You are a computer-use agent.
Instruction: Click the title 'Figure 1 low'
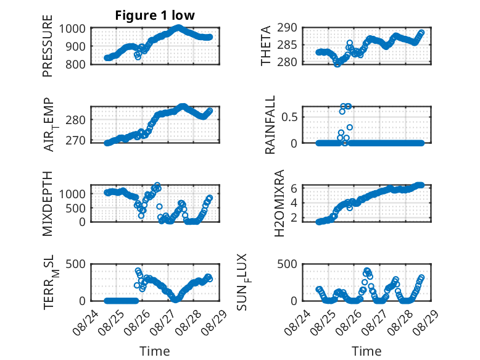tap(155, 15)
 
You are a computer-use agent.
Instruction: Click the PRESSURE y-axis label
tap(48, 46)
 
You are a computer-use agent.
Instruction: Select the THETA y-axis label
tap(266, 46)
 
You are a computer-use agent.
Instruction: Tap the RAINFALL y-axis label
tap(270, 124)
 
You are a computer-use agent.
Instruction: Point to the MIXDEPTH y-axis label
tap(48, 203)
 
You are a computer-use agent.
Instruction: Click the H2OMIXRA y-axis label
tap(279, 203)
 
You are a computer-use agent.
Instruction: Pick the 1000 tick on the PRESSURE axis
tap(72, 29)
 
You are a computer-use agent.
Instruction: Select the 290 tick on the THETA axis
tap(287, 28)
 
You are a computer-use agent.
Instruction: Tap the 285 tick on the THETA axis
tap(287, 45)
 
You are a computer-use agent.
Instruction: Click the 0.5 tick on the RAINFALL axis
tap(289, 117)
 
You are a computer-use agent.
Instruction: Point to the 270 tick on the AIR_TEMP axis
tap(76, 140)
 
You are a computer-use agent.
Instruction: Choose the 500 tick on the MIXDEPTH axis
tap(76, 208)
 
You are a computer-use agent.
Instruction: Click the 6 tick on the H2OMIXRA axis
tap(294, 188)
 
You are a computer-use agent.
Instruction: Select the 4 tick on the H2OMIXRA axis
tap(294, 203)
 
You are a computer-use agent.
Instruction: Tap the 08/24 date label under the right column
tap(297, 322)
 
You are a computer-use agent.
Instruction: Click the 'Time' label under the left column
tap(155, 351)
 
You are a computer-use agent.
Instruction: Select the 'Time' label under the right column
tap(366, 351)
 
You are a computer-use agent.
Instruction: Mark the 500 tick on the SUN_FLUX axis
tap(287, 264)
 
